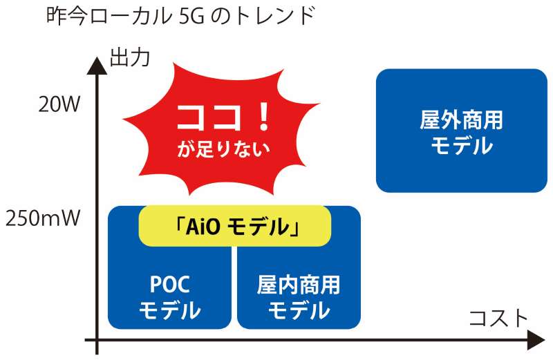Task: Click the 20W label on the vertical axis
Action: click(x=59, y=104)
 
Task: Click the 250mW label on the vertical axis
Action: click(x=43, y=218)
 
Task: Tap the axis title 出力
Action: click(x=130, y=57)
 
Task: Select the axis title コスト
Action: click(x=498, y=318)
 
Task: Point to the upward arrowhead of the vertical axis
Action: click(x=97, y=66)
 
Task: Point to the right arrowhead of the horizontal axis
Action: click(x=536, y=340)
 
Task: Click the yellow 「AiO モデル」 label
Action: click(x=235, y=226)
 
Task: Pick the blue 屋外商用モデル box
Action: click(x=462, y=131)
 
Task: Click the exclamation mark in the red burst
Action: click(x=263, y=117)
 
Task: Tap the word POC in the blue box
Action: click(x=170, y=284)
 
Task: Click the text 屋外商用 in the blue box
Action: click(x=462, y=120)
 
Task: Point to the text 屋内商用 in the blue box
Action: click(x=299, y=285)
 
